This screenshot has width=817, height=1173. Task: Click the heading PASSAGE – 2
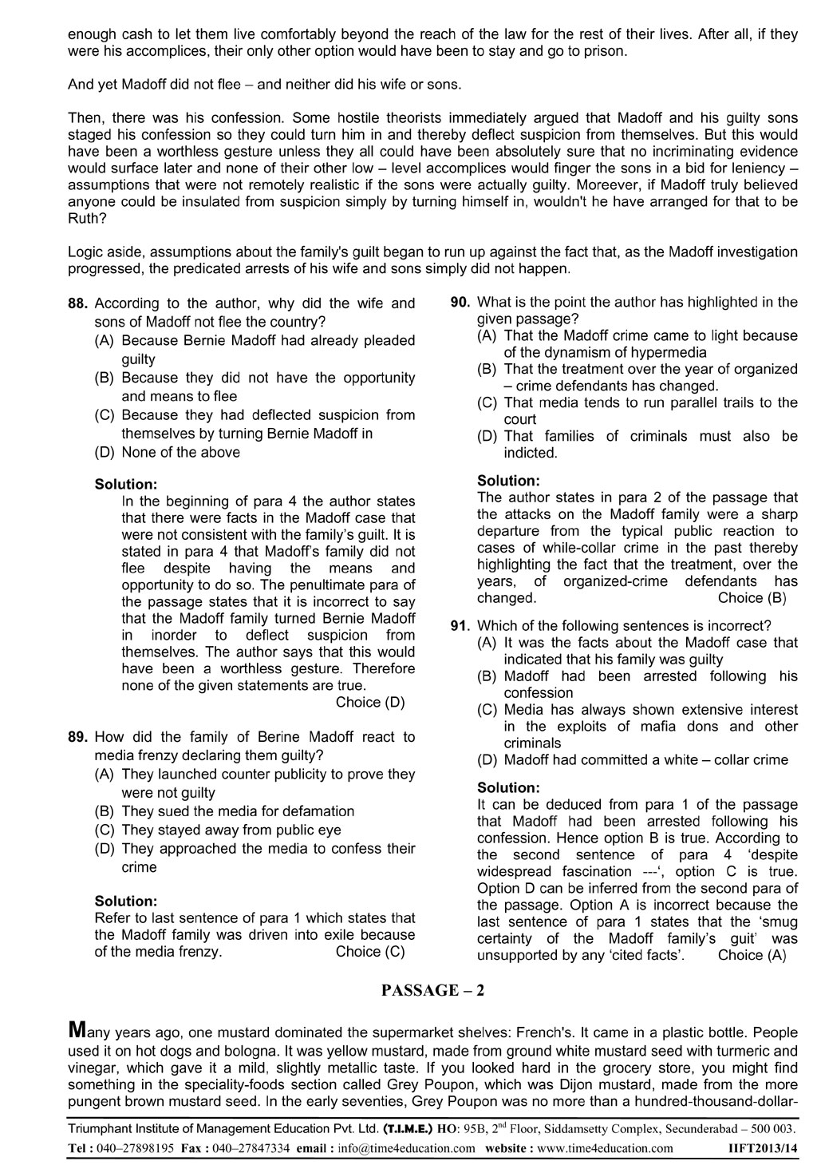(432, 991)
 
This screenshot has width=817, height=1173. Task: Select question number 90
(460, 303)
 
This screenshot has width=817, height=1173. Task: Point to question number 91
(460, 626)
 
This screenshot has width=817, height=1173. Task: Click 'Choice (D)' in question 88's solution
(370, 703)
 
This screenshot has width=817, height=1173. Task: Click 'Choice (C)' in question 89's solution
(370, 952)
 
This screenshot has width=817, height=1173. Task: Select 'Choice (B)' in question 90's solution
(752, 598)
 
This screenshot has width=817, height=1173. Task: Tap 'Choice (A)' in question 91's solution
(752, 955)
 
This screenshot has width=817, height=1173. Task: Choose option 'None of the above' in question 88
(180, 453)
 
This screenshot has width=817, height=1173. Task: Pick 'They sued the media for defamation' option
(238, 811)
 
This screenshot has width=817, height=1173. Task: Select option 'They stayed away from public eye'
(231, 830)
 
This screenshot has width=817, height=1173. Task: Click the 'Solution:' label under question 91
(508, 788)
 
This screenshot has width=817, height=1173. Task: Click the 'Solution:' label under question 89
(126, 902)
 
